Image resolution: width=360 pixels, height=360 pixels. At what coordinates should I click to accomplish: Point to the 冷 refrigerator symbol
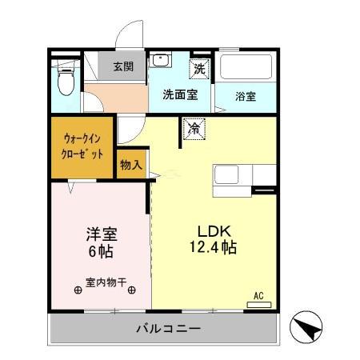194,127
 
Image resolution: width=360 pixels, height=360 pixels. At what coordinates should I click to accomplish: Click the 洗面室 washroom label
180,95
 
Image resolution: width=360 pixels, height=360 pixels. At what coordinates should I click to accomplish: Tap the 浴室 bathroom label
246,97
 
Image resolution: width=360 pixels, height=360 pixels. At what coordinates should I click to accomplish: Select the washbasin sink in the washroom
162,61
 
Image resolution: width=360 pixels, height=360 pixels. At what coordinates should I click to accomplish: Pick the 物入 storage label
131,165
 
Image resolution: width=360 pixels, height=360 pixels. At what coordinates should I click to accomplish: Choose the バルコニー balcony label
167,329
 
